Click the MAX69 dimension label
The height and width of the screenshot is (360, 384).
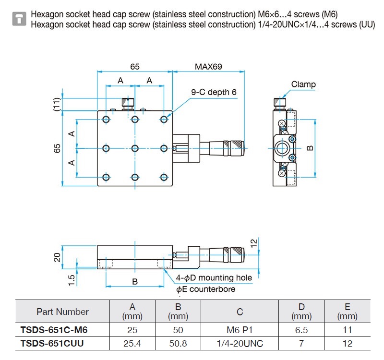[208, 67]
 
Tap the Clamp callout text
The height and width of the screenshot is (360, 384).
[303, 84]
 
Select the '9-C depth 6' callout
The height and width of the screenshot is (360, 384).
[214, 92]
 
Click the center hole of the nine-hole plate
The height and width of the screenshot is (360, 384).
[135, 148]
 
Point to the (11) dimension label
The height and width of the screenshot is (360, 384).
[57, 104]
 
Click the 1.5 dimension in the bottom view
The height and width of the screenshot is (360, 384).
[71, 280]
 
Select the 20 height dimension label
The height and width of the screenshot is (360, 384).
[57, 257]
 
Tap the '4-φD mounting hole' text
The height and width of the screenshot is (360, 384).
[214, 278]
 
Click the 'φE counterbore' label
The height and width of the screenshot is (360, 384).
[206, 289]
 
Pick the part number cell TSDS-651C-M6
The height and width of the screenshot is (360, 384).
[54, 330]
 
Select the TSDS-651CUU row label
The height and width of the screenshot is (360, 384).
[52, 343]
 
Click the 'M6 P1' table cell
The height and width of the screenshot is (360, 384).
[240, 330]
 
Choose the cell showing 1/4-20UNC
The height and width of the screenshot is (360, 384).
[240, 343]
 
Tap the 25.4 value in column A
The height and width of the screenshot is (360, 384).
[132, 343]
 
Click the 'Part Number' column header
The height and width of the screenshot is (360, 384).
[63, 312]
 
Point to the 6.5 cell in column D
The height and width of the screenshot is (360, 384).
[301, 330]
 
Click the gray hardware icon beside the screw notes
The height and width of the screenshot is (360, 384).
[19, 19]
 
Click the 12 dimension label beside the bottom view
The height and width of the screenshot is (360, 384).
[254, 243]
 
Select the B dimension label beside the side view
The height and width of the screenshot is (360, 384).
[310, 148]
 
